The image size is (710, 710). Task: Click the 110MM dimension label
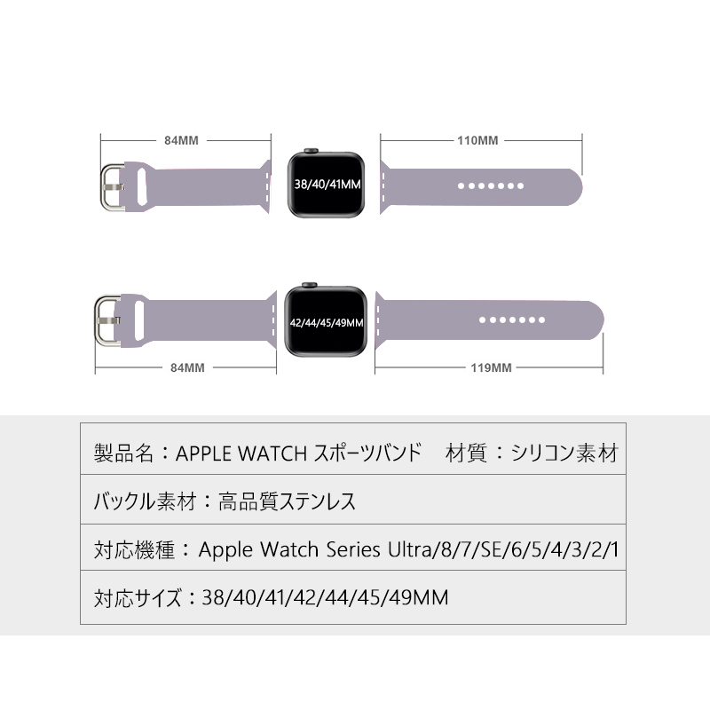(477, 140)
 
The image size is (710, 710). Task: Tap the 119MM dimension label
(491, 367)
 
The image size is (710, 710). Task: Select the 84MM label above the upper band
(181, 140)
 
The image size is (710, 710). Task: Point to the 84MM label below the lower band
(187, 367)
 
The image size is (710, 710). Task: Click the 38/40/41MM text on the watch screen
(327, 185)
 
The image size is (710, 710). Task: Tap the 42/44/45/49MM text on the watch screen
(327, 323)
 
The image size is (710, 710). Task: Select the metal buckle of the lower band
(106, 320)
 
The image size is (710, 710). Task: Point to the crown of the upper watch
(311, 150)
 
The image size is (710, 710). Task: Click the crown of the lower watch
(309, 285)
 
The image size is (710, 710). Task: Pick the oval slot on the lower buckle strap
(138, 320)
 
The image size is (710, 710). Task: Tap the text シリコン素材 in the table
(564, 453)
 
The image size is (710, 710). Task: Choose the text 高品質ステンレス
(287, 501)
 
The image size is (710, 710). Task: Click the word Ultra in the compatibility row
(410, 549)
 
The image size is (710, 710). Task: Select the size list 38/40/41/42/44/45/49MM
(325, 597)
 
